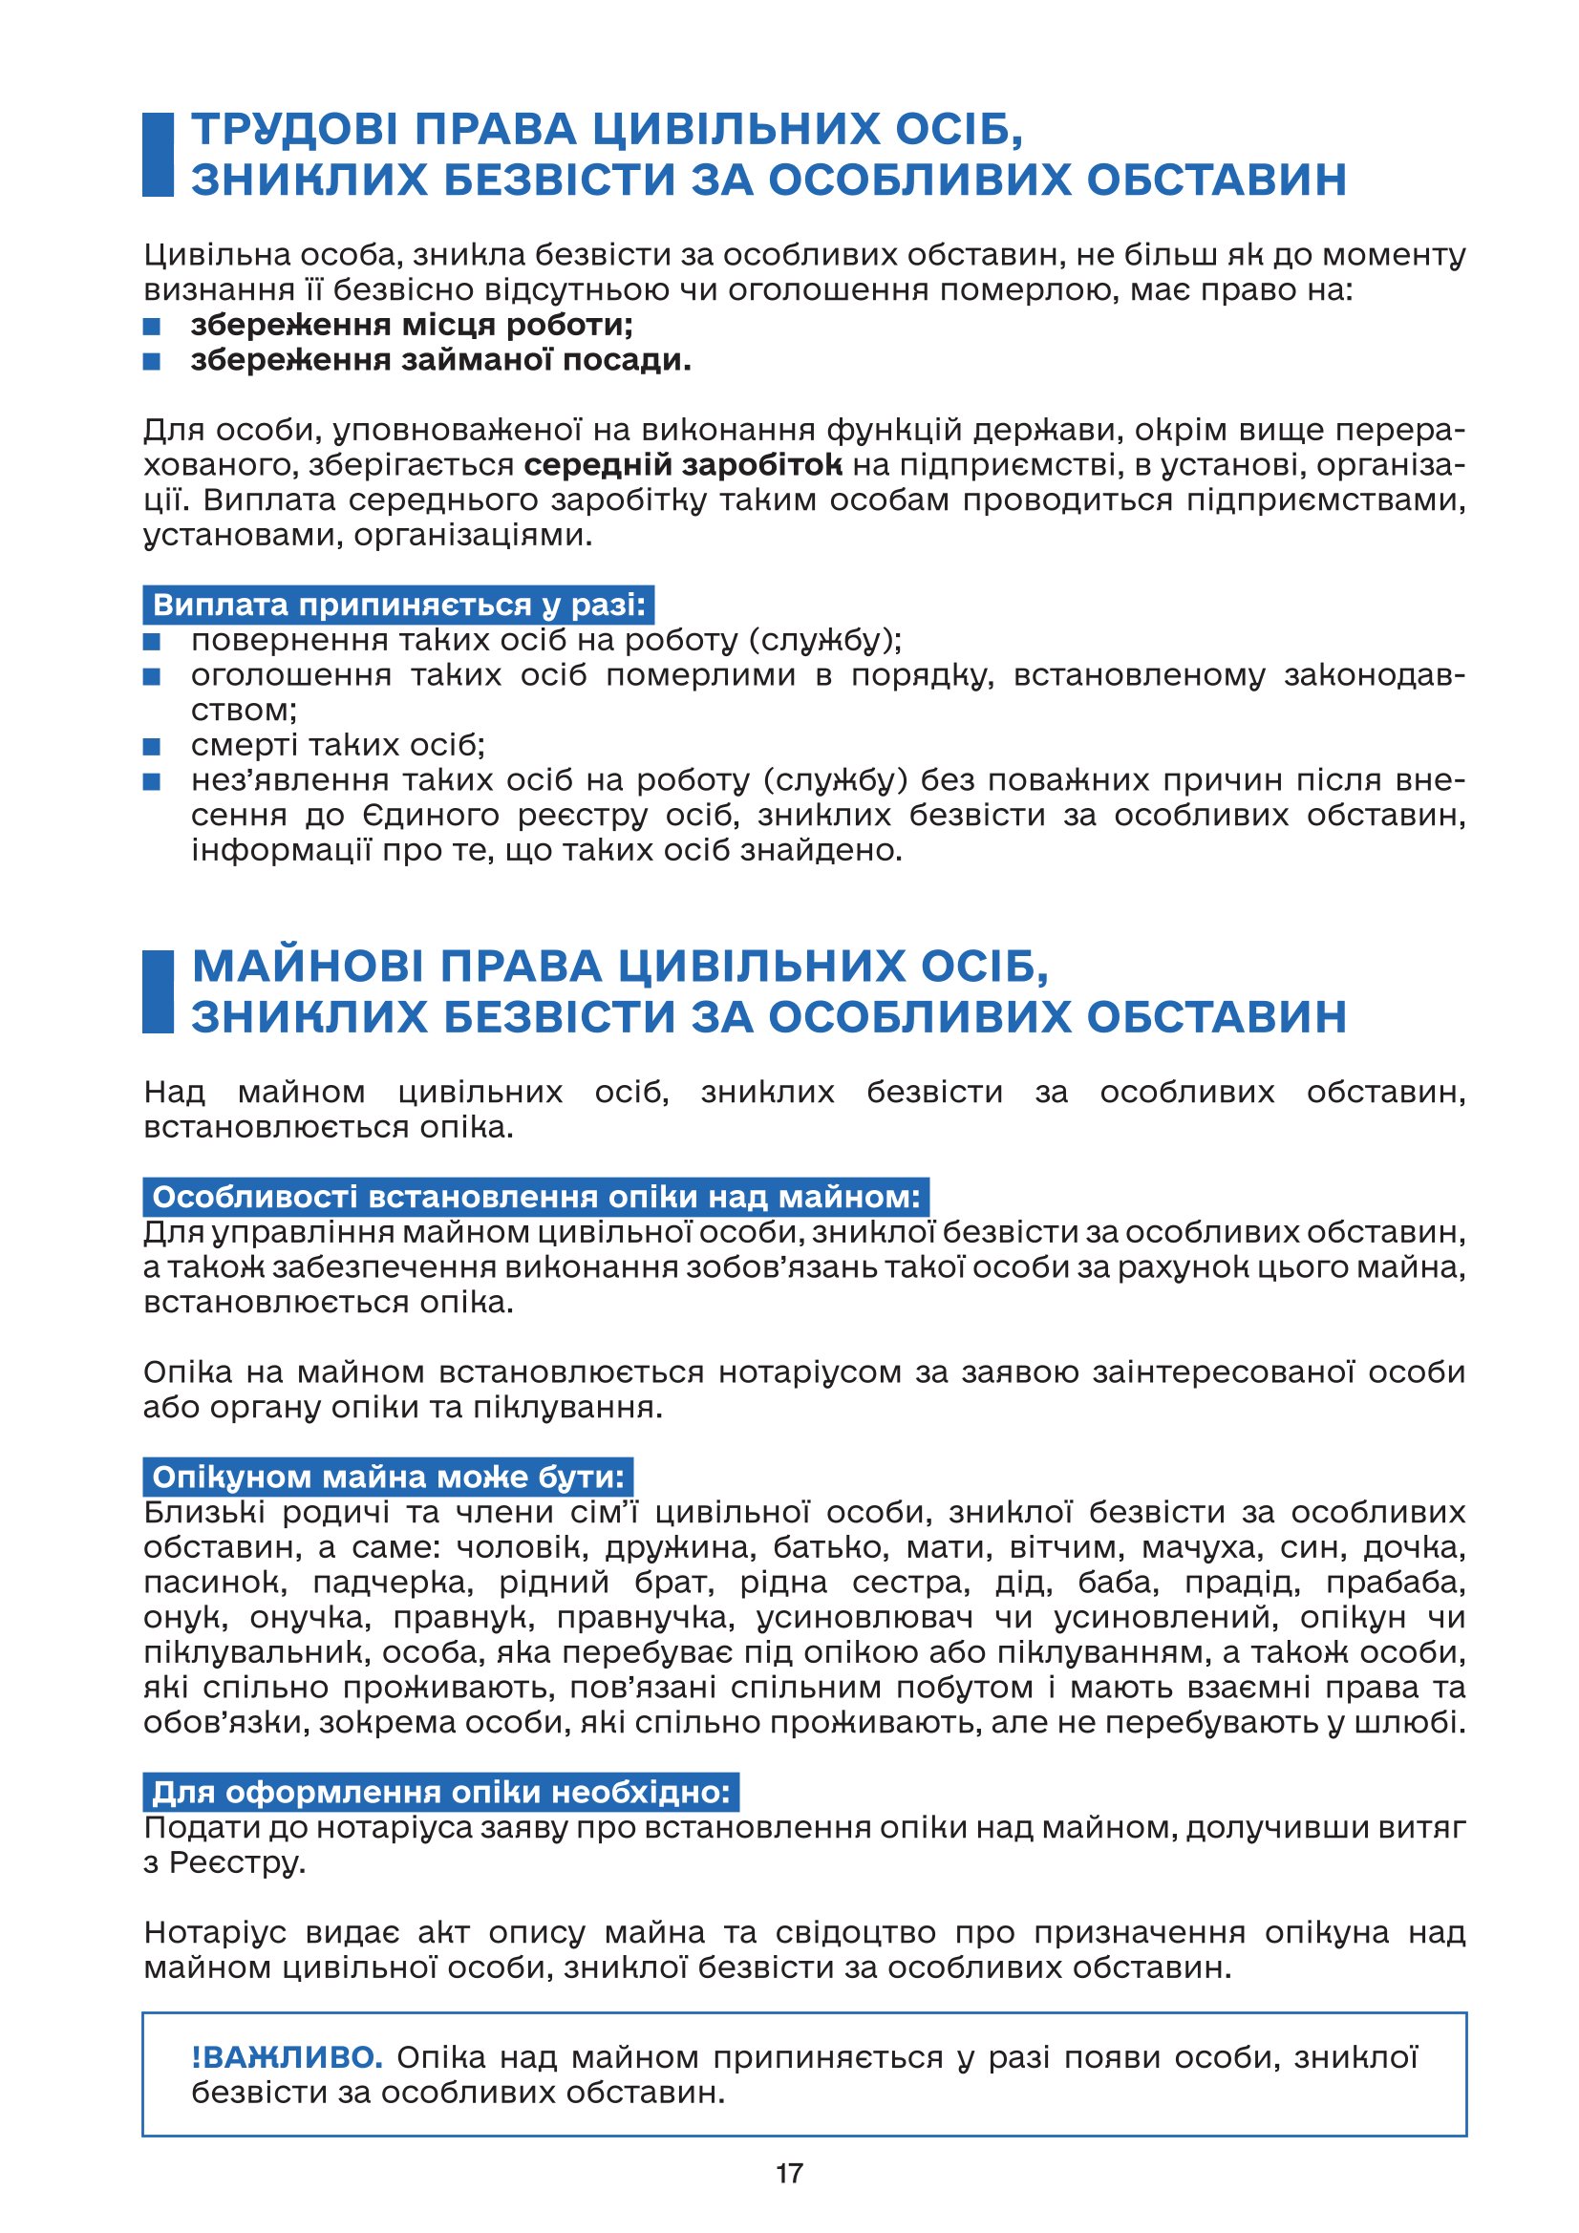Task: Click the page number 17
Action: [x=789, y=2173]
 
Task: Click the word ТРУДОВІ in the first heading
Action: [x=288, y=130]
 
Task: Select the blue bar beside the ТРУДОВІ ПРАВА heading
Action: [x=158, y=155]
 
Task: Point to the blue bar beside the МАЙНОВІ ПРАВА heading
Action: [x=158, y=991]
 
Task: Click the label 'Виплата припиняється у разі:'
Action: [x=399, y=605]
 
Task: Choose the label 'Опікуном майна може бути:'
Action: [x=388, y=1478]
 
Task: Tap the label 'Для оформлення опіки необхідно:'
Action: [x=440, y=1792]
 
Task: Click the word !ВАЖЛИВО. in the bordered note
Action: [x=287, y=2057]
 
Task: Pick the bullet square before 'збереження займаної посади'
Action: [x=152, y=362]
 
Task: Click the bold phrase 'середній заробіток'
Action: [x=683, y=465]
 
